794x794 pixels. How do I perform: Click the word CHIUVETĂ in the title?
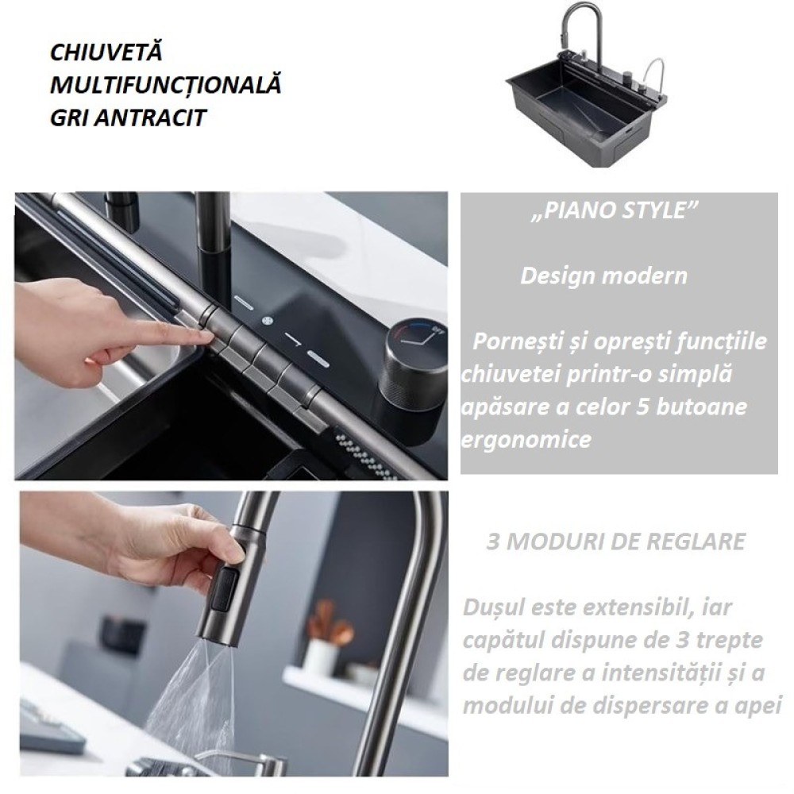[106, 52]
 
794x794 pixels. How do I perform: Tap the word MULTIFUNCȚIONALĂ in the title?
[166, 85]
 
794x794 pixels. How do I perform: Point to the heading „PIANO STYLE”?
[615, 210]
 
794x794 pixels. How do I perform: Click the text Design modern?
[603, 276]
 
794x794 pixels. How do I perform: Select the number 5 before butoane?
[642, 407]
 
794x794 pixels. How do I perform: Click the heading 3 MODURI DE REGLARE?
[616, 542]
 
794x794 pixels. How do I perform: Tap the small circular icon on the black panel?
[268, 320]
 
